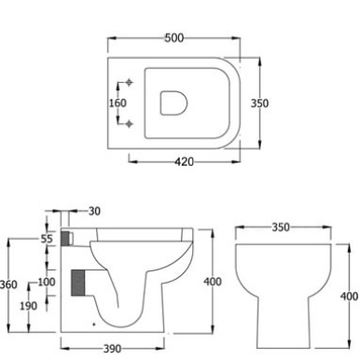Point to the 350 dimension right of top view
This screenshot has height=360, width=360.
pos(260,104)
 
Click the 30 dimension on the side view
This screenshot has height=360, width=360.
pos(94,212)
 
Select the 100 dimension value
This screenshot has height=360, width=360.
pos(46,283)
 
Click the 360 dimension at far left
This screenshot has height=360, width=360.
pos(8,284)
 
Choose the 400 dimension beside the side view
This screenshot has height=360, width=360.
pos(214,282)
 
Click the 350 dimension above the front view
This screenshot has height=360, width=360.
pos(280,227)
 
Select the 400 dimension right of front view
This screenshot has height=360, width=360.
pos(349,297)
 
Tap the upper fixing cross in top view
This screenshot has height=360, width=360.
pos(130,84)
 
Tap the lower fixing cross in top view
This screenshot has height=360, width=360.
pos(130,122)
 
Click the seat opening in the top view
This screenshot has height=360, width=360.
pos(173,103)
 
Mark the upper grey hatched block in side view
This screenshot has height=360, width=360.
pos(65,239)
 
